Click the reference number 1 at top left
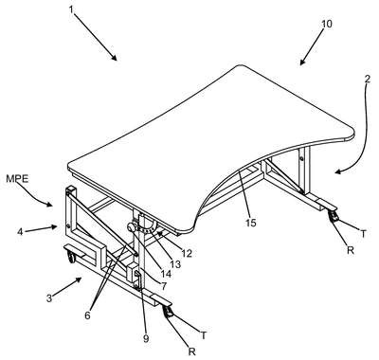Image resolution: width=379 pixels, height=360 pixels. click(71, 9)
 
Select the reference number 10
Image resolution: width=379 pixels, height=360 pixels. click(327, 24)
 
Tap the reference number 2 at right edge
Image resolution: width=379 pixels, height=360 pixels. click(367, 79)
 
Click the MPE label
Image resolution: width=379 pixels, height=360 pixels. click(17, 179)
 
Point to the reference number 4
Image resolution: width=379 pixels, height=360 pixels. click(20, 232)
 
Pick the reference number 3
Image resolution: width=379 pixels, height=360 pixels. click(49, 298)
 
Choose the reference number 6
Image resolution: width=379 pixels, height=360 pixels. click(87, 315)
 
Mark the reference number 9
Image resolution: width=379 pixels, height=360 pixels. click(146, 339)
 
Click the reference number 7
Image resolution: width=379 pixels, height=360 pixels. click(163, 286)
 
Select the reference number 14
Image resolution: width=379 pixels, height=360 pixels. click(166, 274)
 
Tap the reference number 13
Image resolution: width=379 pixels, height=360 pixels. click(175, 263)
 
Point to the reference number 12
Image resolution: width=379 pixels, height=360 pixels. click(187, 253)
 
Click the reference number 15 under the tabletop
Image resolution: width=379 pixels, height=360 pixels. click(251, 223)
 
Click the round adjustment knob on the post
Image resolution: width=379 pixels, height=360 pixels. click(131, 227)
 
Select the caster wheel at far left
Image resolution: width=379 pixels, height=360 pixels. click(71, 256)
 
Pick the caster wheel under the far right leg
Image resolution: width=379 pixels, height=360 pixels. click(334, 217)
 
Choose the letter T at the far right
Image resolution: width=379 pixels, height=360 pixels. click(364, 234)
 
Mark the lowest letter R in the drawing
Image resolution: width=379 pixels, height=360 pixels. click(191, 351)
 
